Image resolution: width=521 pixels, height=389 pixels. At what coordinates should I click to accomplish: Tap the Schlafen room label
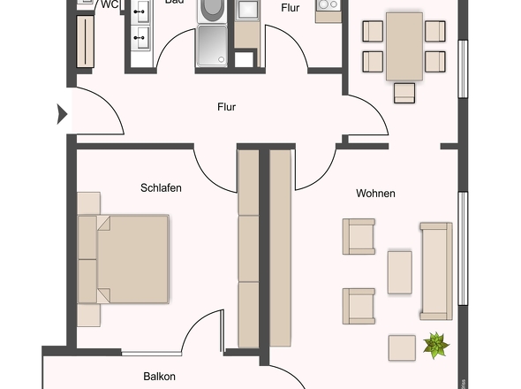(160, 187)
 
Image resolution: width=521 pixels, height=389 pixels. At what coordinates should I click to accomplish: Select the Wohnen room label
(375, 193)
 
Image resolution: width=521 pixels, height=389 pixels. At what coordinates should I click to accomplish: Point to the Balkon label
(160, 377)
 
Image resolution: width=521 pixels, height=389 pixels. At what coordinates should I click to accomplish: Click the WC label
(110, 4)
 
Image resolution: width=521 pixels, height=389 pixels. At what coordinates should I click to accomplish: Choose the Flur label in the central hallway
(227, 107)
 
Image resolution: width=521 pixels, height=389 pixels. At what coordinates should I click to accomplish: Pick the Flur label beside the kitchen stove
(291, 8)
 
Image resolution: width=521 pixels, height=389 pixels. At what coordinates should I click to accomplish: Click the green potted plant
(434, 344)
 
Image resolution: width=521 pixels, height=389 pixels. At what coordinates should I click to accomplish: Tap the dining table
(404, 45)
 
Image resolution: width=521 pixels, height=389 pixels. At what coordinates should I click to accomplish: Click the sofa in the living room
(435, 271)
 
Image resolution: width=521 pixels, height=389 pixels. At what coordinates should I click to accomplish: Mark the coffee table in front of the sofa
(399, 272)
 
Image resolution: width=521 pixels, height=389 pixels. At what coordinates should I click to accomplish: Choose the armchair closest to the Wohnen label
(359, 237)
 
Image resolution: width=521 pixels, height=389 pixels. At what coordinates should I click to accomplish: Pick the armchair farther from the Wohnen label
(359, 306)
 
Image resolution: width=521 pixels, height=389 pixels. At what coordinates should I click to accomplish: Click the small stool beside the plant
(402, 347)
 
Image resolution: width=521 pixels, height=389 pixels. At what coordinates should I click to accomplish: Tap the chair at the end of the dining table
(404, 92)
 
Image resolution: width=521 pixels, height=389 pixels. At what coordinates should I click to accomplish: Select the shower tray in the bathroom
(213, 46)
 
